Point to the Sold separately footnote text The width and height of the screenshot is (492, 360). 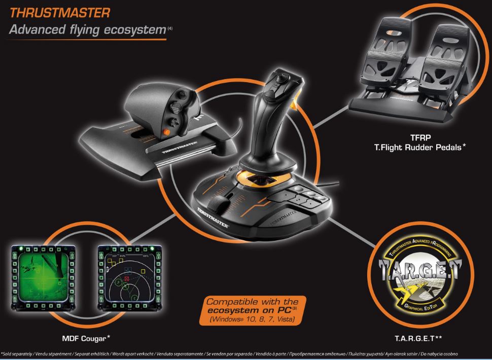point(15,353)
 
